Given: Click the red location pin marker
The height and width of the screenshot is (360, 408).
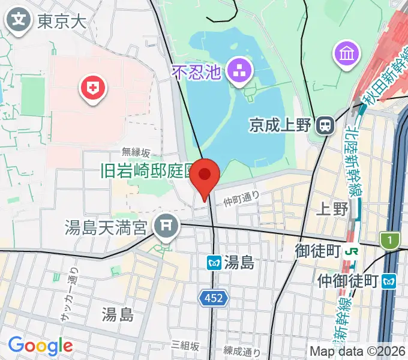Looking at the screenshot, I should (x=205, y=176).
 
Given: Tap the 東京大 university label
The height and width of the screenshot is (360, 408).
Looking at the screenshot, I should (x=62, y=22).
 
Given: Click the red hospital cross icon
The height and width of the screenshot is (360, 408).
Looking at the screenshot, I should (x=92, y=90).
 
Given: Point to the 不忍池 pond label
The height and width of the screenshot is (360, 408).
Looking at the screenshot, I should (x=197, y=73).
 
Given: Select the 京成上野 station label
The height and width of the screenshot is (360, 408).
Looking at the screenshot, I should (x=280, y=125).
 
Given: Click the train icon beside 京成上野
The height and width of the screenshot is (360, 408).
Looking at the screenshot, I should (x=325, y=125).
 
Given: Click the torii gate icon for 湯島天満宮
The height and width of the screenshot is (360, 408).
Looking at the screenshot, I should (x=165, y=227).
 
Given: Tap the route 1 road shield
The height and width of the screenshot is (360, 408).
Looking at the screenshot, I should (x=391, y=240).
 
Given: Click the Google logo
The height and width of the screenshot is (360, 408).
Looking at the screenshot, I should (x=40, y=346).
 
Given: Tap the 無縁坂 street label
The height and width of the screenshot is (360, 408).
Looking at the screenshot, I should (x=135, y=152).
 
